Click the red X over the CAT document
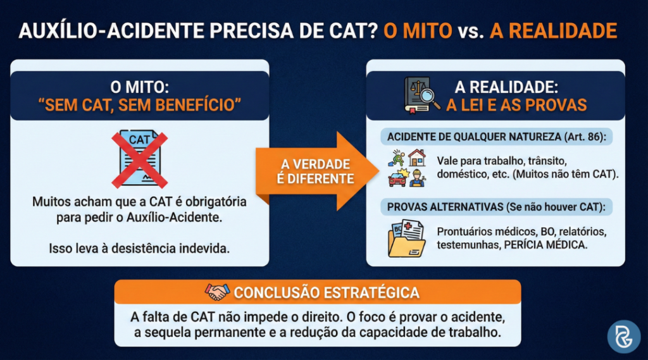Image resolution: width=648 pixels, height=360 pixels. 140,160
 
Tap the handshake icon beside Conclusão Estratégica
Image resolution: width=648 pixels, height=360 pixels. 218,292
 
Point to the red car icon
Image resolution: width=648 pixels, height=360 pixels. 397,178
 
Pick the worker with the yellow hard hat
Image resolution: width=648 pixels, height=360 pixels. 417,178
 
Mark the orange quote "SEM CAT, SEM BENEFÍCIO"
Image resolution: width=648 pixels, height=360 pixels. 140,104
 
